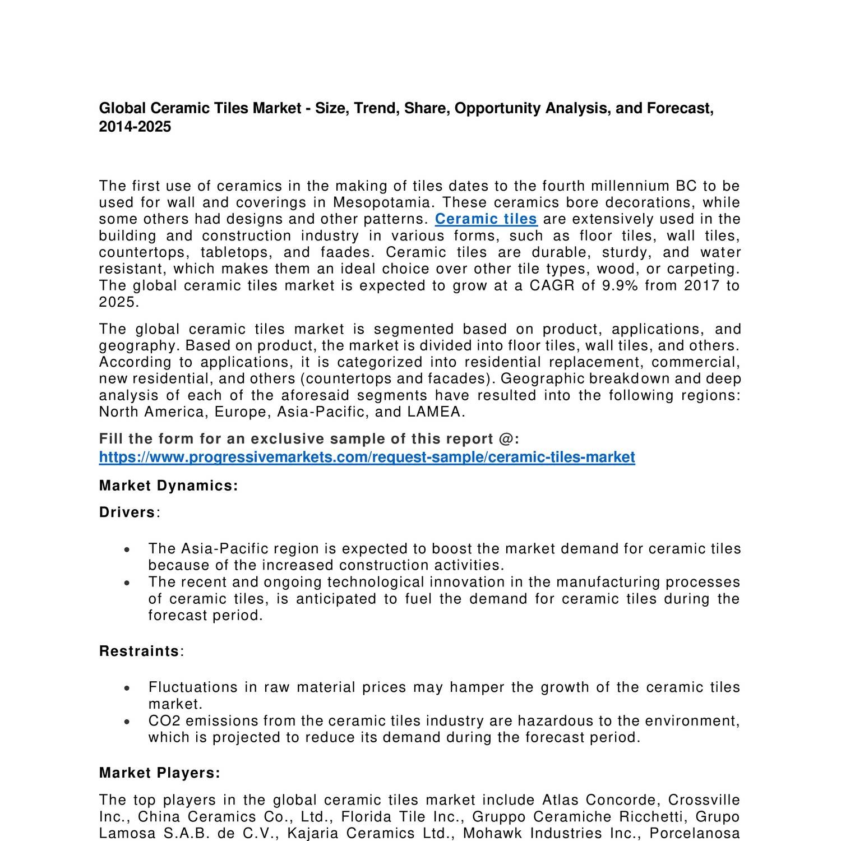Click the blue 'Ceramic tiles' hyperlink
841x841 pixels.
click(486, 219)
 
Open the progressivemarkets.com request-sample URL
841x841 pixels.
click(367, 458)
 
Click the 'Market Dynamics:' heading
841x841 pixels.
click(168, 486)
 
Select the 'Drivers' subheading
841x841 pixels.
click(127, 512)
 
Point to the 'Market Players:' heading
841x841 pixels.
click(160, 773)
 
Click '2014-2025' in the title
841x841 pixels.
click(135, 127)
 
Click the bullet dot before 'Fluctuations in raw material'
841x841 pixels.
click(128, 688)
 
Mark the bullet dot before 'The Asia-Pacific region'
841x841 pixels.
click(128, 550)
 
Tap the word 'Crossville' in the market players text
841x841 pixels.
click(704, 800)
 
